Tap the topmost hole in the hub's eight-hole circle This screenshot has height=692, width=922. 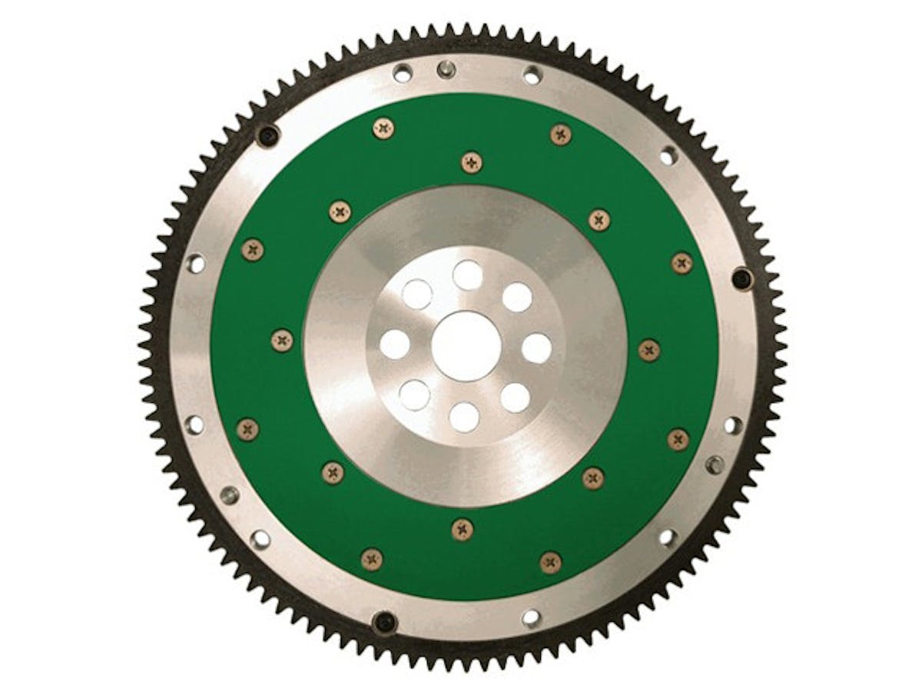coord(467,274)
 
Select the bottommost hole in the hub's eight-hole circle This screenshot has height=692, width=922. coord(464,417)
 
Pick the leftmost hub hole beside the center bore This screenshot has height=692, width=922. coord(394,344)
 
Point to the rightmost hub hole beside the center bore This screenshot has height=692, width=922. coord(536,348)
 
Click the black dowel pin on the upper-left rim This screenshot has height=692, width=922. coord(267,136)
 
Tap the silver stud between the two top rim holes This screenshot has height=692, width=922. coord(445,70)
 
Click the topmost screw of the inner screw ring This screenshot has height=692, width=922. coord(472,162)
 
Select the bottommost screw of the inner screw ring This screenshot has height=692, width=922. coord(462,529)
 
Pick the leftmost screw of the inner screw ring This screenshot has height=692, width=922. coord(282,339)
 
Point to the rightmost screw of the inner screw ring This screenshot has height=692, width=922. coord(649,350)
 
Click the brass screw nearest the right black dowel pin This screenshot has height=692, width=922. coord(682,262)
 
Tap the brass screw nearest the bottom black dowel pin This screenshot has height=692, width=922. coord(372,559)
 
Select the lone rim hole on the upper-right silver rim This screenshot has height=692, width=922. coord(668,155)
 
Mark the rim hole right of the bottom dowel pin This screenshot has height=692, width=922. coord(531,617)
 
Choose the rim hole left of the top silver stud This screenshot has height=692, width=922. coord(403,74)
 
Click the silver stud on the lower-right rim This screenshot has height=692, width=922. coord(715,464)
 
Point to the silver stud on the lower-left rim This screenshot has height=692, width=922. coord(229,495)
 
